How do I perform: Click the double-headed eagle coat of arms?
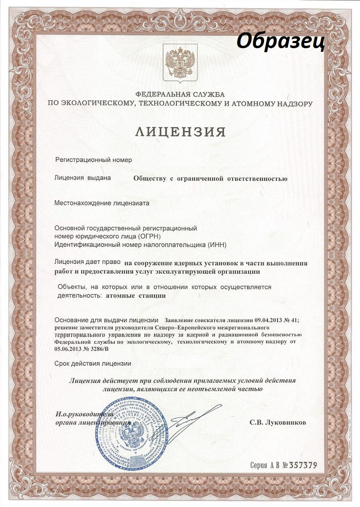coord(180,64)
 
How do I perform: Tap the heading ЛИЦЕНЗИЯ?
coord(180,132)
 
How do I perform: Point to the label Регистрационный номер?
coord(94,160)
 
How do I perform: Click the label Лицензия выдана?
coord(83,178)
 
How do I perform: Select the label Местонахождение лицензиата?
coord(102,203)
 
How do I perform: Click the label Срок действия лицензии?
coord(93,363)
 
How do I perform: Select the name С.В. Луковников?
coord(278,422)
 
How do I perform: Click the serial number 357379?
coord(303,465)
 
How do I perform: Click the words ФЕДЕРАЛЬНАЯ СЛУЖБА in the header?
coord(180,95)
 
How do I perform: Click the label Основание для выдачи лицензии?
coord(107,320)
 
